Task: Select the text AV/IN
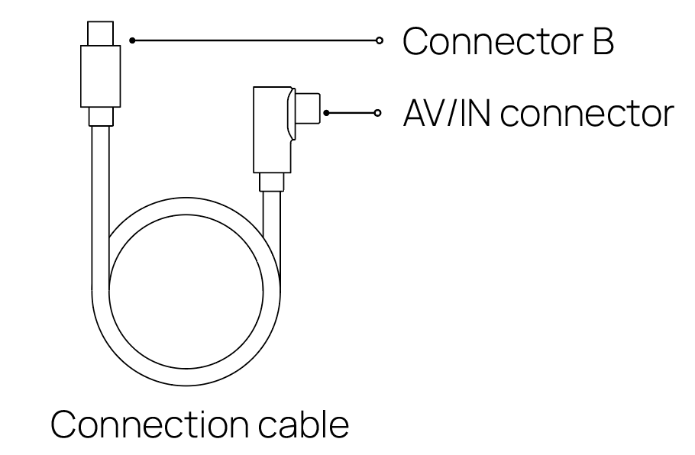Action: [447, 114]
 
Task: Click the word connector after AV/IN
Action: [587, 115]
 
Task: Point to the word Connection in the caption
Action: [150, 424]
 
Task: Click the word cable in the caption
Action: [304, 424]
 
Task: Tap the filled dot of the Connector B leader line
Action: [132, 40]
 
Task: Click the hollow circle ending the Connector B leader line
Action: [379, 40]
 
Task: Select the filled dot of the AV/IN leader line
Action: [326, 113]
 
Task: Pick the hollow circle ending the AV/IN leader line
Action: [377, 113]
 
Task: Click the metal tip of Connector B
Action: [100, 34]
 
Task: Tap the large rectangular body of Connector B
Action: [100, 76]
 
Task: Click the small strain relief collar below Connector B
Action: [101, 117]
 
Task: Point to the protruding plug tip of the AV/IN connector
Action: [308, 108]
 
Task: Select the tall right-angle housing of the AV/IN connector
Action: [272, 129]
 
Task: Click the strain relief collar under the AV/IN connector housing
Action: [271, 182]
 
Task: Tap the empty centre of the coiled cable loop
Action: [186, 292]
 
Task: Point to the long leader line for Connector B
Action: [255, 40]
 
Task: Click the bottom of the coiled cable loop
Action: [186, 377]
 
